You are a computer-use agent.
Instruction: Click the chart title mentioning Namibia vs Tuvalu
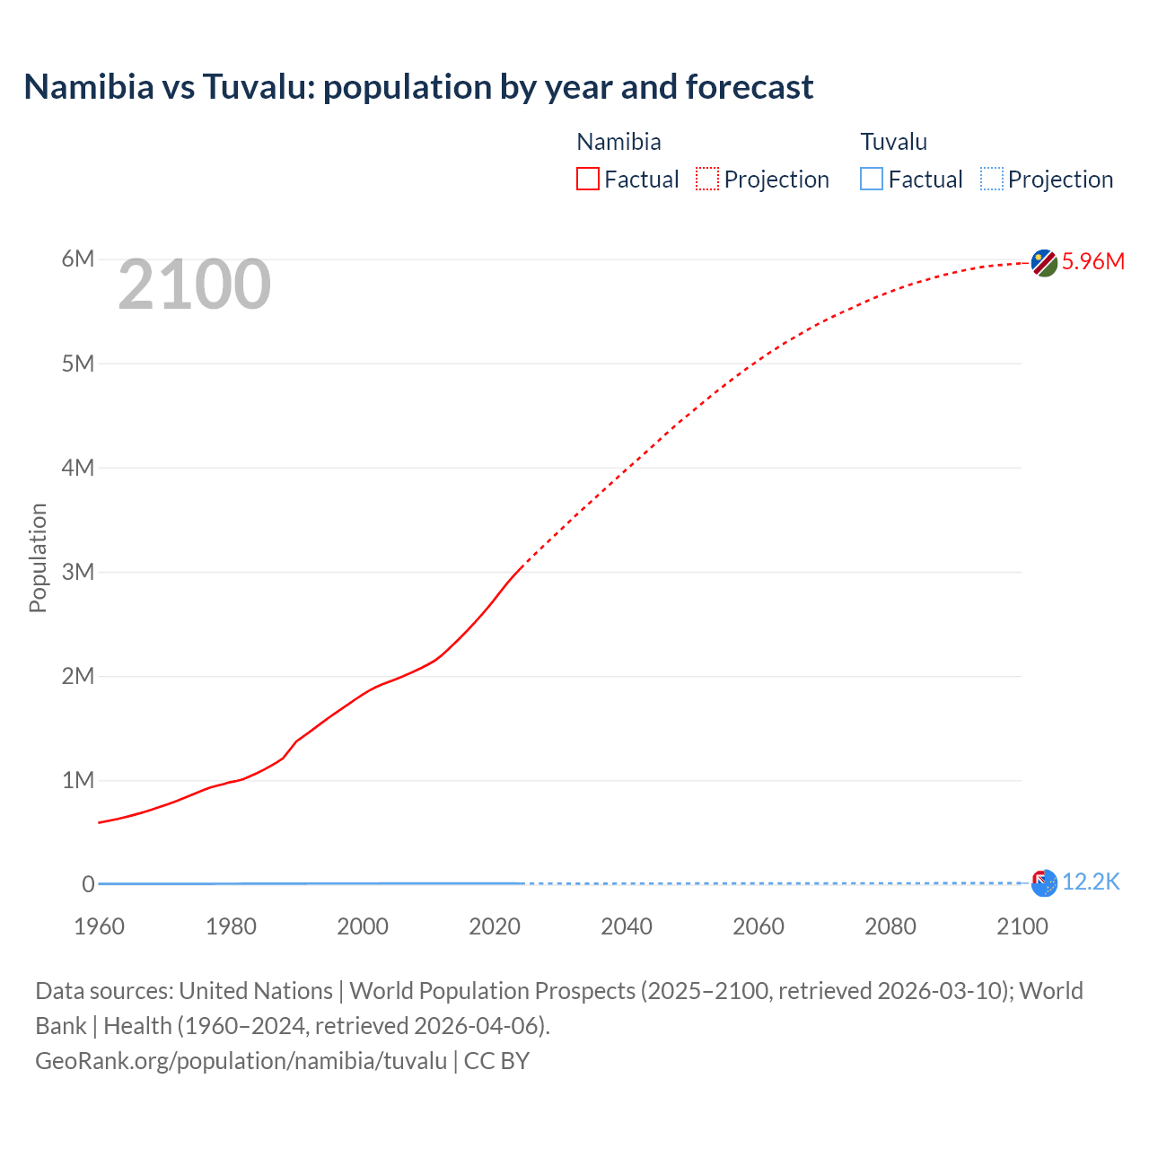(418, 87)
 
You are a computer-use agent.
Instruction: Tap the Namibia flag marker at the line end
(1044, 263)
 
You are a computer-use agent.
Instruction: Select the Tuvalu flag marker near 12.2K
(1044, 883)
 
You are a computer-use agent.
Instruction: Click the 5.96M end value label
(1092, 261)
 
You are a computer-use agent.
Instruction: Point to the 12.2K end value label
(1091, 882)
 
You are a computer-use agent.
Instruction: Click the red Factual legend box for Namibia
(588, 179)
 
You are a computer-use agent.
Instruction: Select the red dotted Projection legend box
(707, 179)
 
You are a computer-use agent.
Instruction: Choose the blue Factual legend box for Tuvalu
(872, 179)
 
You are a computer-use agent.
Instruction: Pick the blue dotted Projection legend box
(992, 179)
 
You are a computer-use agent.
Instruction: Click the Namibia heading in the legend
(618, 142)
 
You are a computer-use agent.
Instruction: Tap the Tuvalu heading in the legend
(893, 142)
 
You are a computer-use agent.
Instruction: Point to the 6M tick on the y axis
(78, 259)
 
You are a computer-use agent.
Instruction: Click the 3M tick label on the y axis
(78, 572)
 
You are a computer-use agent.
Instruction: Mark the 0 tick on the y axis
(88, 884)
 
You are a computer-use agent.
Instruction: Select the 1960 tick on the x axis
(99, 926)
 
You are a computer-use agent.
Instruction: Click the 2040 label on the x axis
(627, 926)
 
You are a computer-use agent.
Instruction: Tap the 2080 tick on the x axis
(890, 926)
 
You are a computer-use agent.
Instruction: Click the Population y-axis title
(38, 557)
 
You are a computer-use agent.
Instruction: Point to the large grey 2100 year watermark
(194, 285)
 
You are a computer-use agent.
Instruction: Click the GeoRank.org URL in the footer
(241, 1061)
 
